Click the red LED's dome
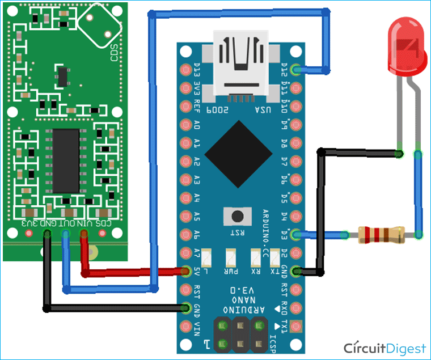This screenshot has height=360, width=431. [403, 45]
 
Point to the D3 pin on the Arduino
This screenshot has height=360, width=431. [294, 234]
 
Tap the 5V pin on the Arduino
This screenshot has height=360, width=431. [185, 272]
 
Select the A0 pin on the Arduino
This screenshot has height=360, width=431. [185, 125]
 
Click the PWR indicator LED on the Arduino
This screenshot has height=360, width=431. [231, 259]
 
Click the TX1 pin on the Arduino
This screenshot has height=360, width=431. [294, 327]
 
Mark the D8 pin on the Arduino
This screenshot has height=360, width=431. [294, 143]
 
